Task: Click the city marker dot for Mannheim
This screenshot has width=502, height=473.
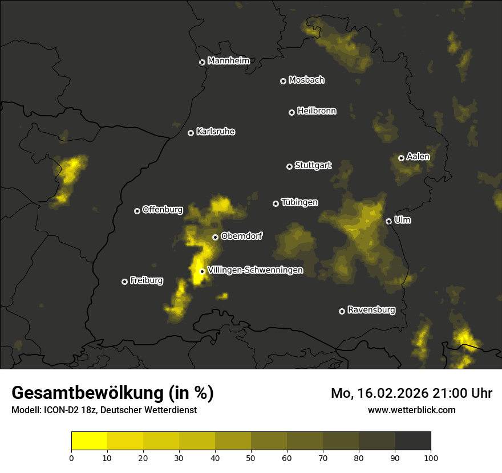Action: pyautogui.click(x=202, y=63)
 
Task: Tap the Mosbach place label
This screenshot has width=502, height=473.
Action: pyautogui.click(x=306, y=80)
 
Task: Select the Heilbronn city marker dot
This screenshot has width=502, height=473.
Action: pyautogui.click(x=292, y=112)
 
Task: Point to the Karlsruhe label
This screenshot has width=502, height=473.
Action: pyautogui.click(x=216, y=132)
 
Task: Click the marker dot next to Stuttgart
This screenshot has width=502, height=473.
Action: pyautogui.click(x=289, y=166)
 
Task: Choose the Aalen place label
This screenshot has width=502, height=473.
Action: pyautogui.click(x=418, y=157)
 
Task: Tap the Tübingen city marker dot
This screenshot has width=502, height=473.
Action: pyautogui.click(x=276, y=203)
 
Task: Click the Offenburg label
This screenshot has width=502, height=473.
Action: pyautogui.click(x=163, y=210)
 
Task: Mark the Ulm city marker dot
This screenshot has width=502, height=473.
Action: pyautogui.click(x=388, y=221)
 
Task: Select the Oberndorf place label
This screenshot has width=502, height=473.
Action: pyautogui.click(x=242, y=236)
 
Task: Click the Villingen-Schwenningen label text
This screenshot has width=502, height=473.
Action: pyautogui.click(x=255, y=270)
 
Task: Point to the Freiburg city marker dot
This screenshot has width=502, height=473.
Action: pyautogui.click(x=124, y=282)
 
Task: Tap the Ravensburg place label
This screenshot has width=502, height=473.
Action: pyautogui.click(x=371, y=311)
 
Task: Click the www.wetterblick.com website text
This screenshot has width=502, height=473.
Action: pyautogui.click(x=412, y=410)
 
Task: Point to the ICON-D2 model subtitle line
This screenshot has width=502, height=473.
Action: pyautogui.click(x=104, y=410)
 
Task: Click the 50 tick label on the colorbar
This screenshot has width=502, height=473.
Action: pyautogui.click(x=251, y=458)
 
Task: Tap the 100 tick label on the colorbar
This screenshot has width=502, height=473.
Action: pyautogui.click(x=431, y=458)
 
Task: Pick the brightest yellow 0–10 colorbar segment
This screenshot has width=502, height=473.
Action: pyautogui.click(x=90, y=441)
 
